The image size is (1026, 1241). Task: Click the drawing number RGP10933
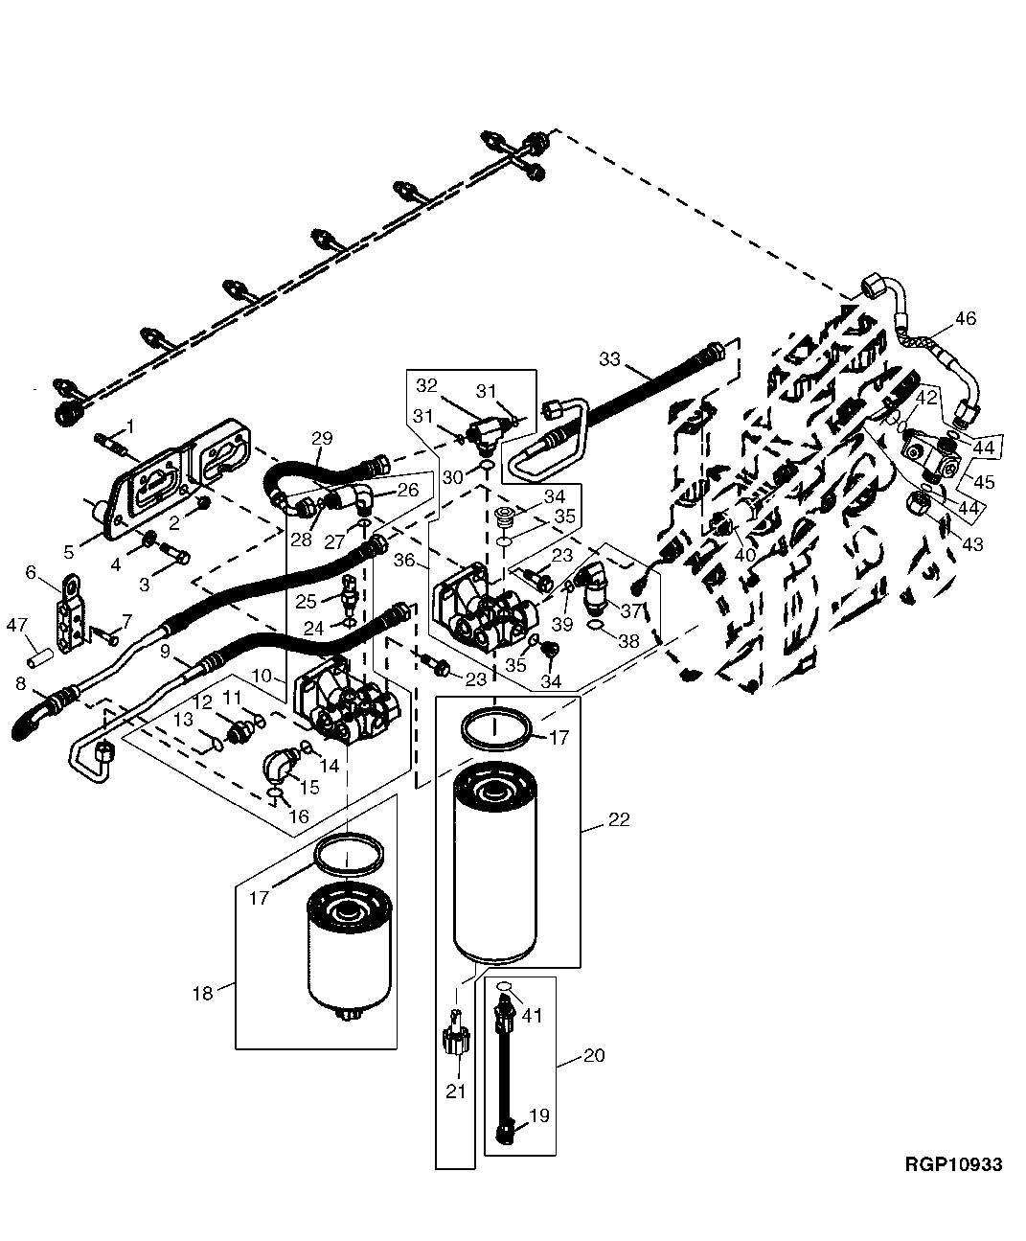coord(953,1164)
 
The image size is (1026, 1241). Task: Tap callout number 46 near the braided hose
coord(965,319)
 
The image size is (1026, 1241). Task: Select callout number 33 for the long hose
coord(610,359)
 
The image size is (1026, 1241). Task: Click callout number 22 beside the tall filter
coord(619,820)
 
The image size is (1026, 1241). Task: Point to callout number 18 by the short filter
coord(202,994)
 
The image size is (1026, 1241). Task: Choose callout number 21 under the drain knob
coord(455,1091)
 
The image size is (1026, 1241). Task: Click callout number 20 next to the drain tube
coord(594,1055)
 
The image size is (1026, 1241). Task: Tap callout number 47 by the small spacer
coord(17,626)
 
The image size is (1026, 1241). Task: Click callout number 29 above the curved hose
coord(322,438)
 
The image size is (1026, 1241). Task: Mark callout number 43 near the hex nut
coord(972,544)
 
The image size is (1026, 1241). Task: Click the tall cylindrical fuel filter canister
coord(495,862)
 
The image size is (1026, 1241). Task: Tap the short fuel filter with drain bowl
coord(350,954)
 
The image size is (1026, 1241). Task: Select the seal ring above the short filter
coord(349,853)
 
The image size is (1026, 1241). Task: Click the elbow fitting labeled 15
coord(281,767)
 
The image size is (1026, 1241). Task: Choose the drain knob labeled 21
coord(455,1037)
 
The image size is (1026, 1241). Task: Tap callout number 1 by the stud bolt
coord(130,425)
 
